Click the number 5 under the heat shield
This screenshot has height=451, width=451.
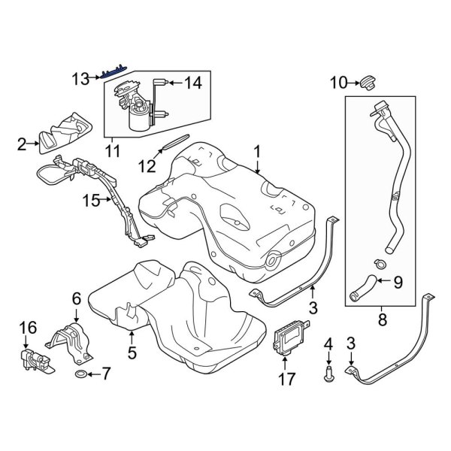click(131, 350)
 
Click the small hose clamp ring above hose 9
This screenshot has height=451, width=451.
click(380, 264)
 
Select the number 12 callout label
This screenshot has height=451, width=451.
click(149, 163)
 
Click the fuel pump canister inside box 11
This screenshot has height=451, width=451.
click(140, 117)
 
